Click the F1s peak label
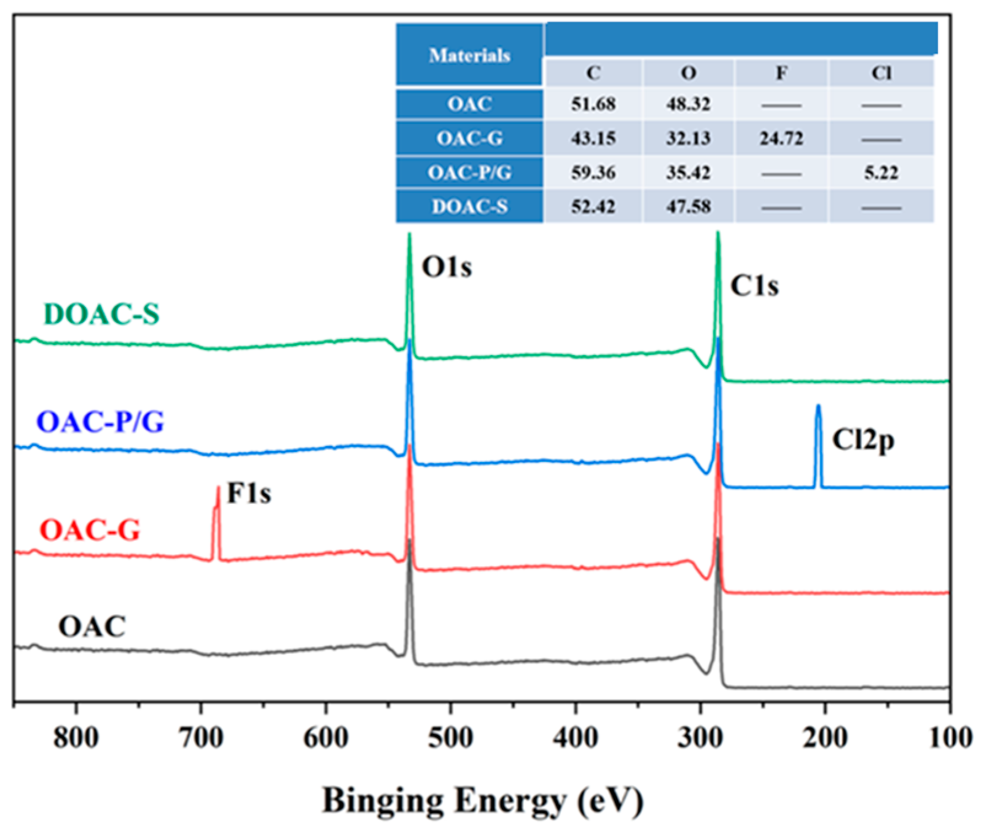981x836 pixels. click(x=249, y=493)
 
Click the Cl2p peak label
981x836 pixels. click(x=863, y=440)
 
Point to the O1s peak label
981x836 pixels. click(x=447, y=267)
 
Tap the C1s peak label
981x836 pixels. click(x=754, y=286)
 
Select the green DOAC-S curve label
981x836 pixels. click(x=101, y=314)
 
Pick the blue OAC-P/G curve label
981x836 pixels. click(x=100, y=422)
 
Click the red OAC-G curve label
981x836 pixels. click(x=90, y=530)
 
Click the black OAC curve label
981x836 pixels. click(x=92, y=627)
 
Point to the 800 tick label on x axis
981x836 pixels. click(x=76, y=737)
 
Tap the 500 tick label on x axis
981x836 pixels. click(x=450, y=737)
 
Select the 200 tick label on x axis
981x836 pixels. click(x=825, y=737)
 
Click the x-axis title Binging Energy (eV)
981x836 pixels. click(x=483, y=801)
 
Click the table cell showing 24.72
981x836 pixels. click(x=781, y=138)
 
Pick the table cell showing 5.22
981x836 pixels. click(x=881, y=173)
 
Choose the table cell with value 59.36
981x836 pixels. click(x=593, y=173)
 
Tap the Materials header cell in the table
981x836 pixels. click(x=469, y=55)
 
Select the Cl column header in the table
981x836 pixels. click(x=881, y=73)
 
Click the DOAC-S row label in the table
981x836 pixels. click(x=469, y=206)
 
